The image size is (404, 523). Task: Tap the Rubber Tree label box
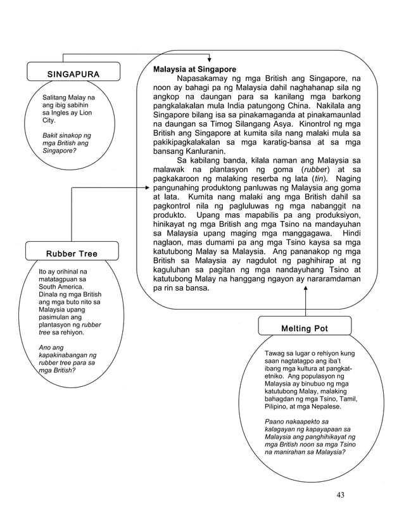[72, 253]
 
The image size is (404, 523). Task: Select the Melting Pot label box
[305, 328]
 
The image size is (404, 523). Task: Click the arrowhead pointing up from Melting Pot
[306, 288]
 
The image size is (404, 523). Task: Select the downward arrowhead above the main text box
[209, 59]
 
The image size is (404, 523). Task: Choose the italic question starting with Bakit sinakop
[66, 143]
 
